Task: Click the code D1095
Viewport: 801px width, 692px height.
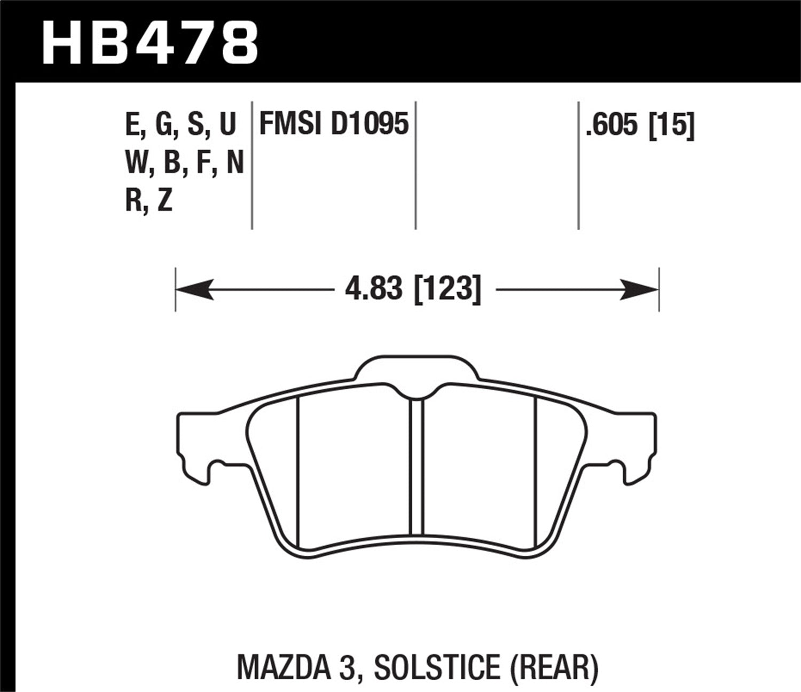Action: (x=370, y=125)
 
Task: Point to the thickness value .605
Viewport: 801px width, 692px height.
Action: (x=611, y=126)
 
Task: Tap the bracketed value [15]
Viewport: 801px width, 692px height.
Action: (x=671, y=126)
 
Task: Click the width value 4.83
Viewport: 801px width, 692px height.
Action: (x=373, y=290)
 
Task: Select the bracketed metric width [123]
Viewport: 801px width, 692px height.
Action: (x=447, y=290)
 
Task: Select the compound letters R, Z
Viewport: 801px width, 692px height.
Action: (x=149, y=201)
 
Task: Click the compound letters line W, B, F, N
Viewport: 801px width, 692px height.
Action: (x=184, y=163)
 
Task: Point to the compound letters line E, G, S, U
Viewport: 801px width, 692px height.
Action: (x=180, y=125)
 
